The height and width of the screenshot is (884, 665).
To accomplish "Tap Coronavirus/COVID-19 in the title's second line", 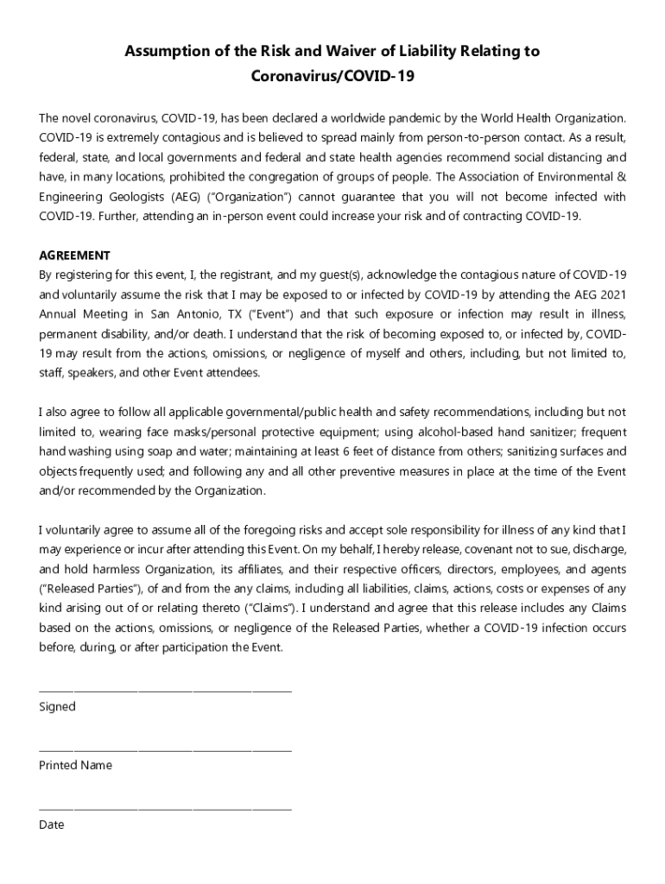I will tap(332, 77).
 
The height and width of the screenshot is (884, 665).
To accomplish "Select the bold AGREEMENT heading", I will tap(74, 256).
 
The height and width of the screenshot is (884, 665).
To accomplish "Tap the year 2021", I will tap(611, 294).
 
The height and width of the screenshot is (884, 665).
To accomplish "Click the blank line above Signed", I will tap(165, 691).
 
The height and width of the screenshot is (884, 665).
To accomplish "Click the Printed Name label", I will tap(75, 766).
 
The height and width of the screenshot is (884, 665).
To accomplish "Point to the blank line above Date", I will tap(165, 809).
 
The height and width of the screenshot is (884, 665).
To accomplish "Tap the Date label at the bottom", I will tap(52, 824).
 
